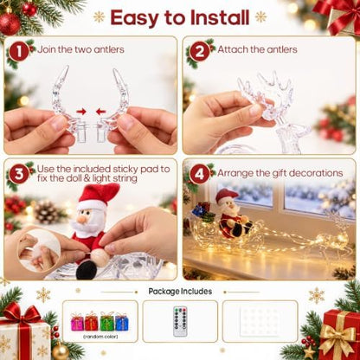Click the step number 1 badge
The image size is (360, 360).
(x=19, y=52)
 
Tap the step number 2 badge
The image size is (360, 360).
(x=199, y=52)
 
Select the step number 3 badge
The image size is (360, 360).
(x=19, y=174)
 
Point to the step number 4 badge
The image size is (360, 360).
(x=199, y=174)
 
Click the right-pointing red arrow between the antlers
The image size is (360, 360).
(x=81, y=112)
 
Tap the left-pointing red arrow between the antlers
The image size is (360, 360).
(x=100, y=112)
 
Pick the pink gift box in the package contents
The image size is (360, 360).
(x=77, y=322)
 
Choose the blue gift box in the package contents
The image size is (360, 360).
(x=122, y=322)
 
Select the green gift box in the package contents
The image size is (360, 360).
(x=106, y=321)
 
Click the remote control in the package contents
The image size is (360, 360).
(x=180, y=322)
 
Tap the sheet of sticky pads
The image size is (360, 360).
(x=260, y=322)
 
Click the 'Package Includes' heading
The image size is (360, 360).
(x=180, y=292)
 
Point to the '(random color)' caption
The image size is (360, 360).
(x=100, y=337)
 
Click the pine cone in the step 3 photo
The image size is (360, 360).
(x=48, y=213)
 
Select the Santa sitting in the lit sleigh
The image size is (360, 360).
(x=233, y=214)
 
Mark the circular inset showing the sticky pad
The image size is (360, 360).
(x=39, y=250)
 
